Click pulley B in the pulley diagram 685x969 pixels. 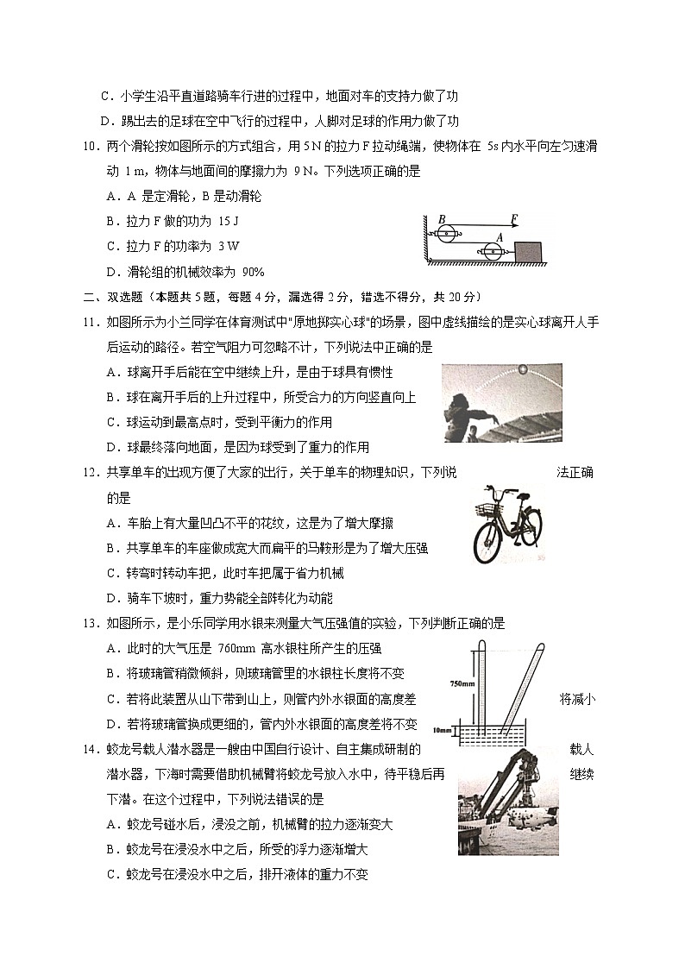coord(445,233)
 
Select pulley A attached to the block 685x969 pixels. coord(493,251)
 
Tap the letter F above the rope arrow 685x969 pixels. coord(514,219)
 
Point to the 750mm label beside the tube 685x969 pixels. coord(462,683)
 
